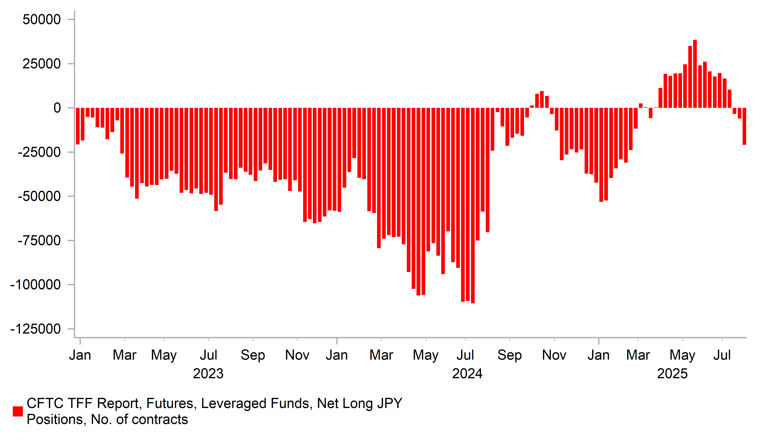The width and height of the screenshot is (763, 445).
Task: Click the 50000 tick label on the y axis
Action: click(x=42, y=20)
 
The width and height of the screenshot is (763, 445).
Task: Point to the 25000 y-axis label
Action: click(x=42, y=64)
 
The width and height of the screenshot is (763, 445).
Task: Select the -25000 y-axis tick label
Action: click(x=39, y=152)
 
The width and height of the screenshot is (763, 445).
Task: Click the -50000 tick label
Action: click(x=39, y=196)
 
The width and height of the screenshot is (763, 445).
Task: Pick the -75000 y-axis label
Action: click(x=39, y=241)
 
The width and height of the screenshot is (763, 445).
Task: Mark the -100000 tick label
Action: click(x=35, y=285)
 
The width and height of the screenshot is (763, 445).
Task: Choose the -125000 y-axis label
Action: click(x=35, y=329)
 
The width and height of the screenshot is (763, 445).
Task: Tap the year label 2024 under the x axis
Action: click(x=467, y=374)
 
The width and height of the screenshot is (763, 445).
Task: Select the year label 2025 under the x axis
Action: click(x=672, y=374)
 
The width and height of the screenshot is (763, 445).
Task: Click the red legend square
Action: click(x=18, y=411)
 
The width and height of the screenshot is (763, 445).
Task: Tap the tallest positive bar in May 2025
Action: click(x=695, y=74)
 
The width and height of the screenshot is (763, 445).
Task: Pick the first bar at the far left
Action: click(x=78, y=126)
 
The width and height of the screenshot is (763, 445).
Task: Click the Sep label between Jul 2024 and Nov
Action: click(x=509, y=355)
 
